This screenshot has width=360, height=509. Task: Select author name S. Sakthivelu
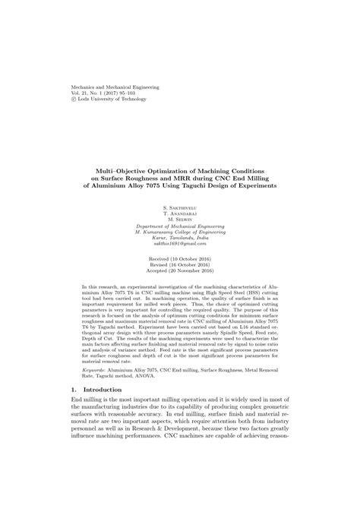[180, 207]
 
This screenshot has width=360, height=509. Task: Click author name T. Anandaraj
[180, 213]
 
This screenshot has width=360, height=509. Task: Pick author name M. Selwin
[180, 220]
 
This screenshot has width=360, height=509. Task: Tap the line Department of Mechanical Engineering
[180, 226]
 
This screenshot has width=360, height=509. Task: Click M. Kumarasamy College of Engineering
[180, 232]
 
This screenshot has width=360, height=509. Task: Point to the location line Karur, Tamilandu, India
[180, 239]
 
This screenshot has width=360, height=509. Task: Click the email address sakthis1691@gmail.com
[180, 245]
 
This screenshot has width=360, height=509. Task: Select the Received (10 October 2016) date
[180, 258]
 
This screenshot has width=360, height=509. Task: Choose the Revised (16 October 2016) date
[180, 264]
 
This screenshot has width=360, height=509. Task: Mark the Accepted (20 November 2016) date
[180, 271]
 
